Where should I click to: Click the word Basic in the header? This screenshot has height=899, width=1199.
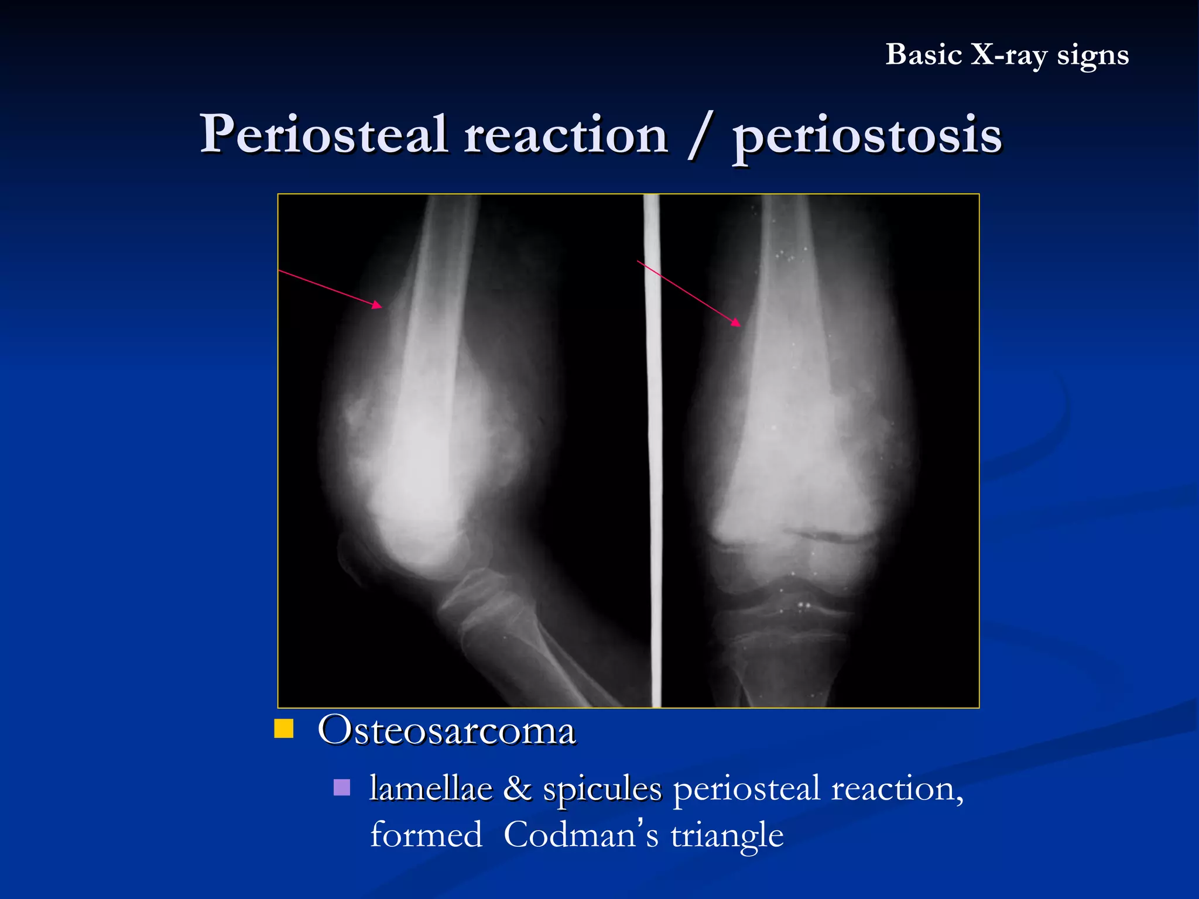[x=923, y=55]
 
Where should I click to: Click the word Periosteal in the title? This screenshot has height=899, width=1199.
[x=324, y=135]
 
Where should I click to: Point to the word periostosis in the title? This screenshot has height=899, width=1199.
[x=867, y=136]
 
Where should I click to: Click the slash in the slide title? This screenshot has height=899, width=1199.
[x=699, y=136]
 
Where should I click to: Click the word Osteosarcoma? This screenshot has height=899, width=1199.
[x=446, y=731]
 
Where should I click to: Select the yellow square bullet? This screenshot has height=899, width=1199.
[x=284, y=729]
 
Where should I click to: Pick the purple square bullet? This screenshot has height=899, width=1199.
[x=342, y=787]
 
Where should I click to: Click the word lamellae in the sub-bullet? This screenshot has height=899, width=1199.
[x=431, y=788]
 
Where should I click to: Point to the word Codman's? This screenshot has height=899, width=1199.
[x=581, y=835]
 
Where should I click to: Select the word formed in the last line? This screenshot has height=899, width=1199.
[x=426, y=835]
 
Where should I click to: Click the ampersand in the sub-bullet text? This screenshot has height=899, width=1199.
[x=518, y=788]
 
